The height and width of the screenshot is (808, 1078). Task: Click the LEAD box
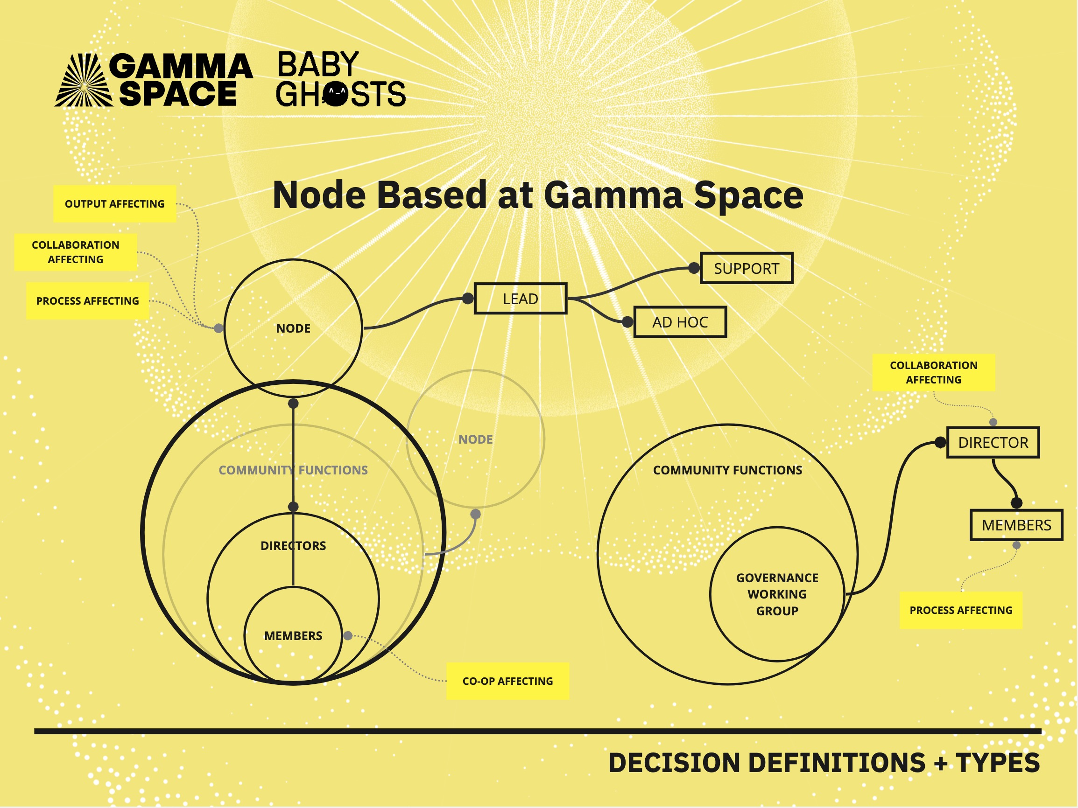521,299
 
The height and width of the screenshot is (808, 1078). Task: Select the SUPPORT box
746,268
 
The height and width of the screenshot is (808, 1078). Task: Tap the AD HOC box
680,322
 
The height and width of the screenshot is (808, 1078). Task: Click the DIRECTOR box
993,443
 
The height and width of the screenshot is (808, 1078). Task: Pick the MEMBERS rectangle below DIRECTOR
1016,525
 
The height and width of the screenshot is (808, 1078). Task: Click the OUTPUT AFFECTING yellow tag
114,203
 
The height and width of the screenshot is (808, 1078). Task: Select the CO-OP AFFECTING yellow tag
507,681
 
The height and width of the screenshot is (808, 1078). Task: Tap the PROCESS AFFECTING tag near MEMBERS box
960,610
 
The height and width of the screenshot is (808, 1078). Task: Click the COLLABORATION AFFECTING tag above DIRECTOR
933,373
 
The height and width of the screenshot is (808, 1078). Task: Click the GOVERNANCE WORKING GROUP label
777,594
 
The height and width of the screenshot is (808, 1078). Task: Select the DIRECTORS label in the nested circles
293,546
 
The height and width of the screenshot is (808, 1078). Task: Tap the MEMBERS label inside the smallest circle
293,635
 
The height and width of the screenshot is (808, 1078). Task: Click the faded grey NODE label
475,439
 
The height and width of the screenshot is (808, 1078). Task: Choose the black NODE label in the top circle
293,328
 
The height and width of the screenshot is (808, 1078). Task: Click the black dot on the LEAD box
467,299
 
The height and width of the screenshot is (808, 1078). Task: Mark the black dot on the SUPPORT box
694,268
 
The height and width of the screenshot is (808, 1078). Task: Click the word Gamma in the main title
614,195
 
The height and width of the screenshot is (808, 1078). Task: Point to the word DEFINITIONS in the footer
836,763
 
